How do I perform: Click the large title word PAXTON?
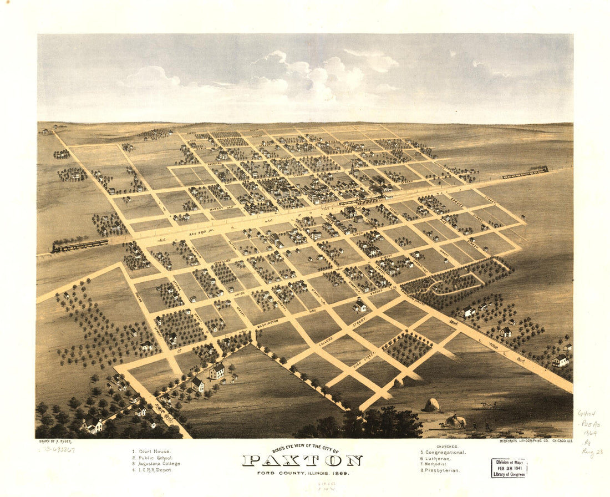(302, 460)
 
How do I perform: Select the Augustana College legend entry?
(156, 464)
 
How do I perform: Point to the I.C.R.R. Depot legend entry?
(152, 470)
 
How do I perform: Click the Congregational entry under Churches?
(443, 452)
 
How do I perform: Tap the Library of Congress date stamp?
(509, 468)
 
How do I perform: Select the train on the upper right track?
(525, 173)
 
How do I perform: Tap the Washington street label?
(267, 321)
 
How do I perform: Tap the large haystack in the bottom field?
(432, 405)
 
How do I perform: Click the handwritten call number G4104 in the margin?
(586, 414)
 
